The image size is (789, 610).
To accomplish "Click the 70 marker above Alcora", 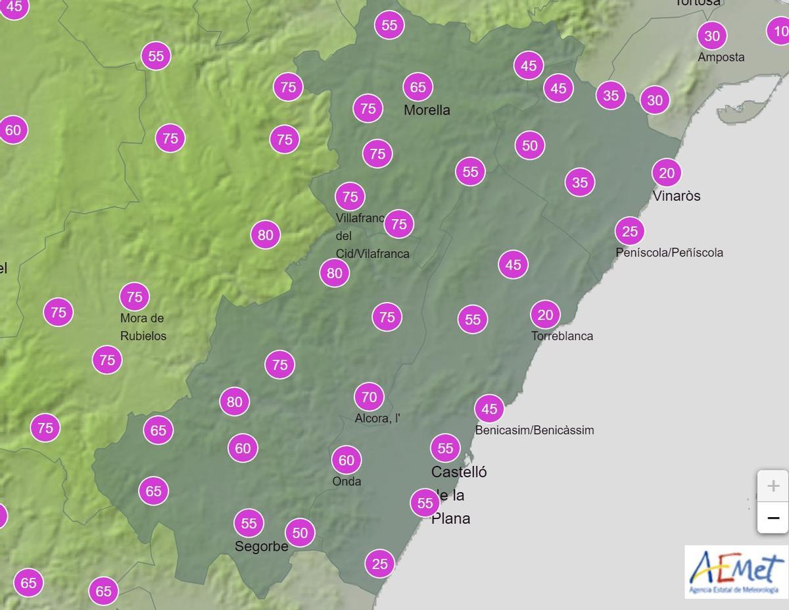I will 369,397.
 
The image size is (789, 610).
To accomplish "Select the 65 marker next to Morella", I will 418,87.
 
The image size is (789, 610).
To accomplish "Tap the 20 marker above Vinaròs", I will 667,173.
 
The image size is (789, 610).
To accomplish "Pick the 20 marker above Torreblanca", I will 545,315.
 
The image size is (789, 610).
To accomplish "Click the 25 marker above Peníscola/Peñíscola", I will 630,231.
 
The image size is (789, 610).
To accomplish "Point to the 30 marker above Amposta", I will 712,36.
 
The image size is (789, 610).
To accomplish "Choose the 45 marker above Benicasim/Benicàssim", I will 489,409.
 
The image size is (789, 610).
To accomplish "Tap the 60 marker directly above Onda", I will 347,461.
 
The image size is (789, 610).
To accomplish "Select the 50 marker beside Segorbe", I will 300,532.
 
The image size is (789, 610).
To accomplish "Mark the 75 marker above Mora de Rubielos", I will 135,297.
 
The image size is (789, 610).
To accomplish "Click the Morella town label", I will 427,110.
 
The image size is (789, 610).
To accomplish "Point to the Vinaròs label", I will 677,195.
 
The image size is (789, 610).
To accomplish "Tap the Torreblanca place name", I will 562,336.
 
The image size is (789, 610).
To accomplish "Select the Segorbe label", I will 262,547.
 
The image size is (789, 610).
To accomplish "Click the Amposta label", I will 721,57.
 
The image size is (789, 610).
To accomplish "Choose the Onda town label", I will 347,481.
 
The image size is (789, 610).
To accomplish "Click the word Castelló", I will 459,472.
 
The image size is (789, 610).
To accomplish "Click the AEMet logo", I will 736,571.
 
